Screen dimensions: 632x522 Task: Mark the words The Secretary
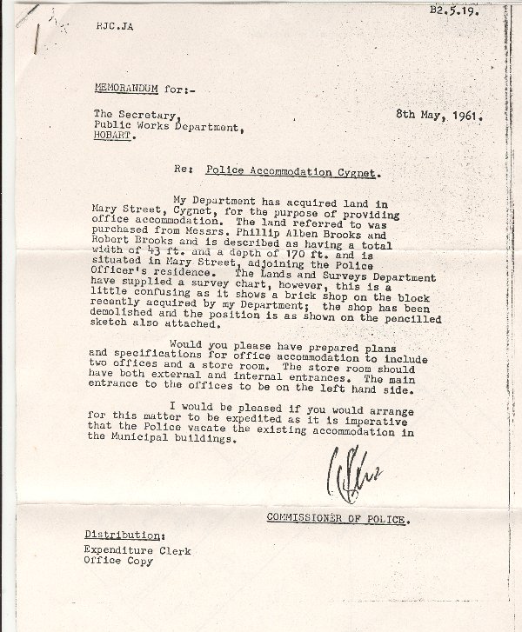[125, 115]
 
